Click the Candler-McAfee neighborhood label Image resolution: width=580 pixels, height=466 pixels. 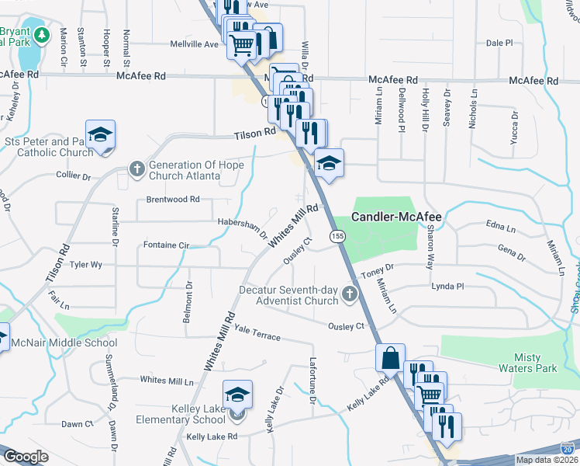396,217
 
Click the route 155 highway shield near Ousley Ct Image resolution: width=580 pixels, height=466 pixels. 337,235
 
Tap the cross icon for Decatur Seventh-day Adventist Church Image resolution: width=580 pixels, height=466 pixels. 350,295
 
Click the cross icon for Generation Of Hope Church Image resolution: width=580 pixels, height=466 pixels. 136,169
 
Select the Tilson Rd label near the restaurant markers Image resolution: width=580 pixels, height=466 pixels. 255,134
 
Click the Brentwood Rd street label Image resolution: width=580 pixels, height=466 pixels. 173,200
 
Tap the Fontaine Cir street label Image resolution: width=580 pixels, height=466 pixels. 167,245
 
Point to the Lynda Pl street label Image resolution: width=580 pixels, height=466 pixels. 447,287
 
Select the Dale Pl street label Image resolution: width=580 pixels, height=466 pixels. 499,44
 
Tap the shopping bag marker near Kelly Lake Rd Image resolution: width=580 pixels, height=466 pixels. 390,359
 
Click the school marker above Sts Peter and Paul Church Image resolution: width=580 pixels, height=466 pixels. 100,135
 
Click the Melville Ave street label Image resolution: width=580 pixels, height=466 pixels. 195,44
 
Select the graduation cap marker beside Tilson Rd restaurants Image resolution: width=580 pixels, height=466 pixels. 329,163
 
